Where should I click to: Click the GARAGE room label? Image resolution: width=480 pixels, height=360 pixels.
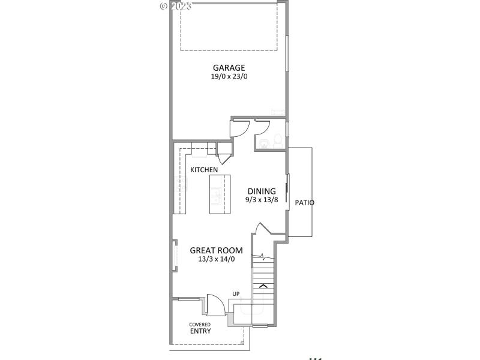tap(228, 68)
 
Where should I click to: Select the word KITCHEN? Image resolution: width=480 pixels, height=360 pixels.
tap(204, 170)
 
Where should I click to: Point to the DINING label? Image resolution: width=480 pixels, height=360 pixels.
tap(262, 191)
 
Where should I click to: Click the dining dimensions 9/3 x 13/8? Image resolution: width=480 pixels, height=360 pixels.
tap(262, 200)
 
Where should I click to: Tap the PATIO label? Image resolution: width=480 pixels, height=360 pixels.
tap(305, 203)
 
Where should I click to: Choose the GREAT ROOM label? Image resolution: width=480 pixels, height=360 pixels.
tap(216, 250)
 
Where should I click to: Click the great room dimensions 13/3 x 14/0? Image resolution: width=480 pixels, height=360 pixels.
tap(216, 259)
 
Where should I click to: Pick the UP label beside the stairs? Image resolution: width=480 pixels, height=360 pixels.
tap(236, 294)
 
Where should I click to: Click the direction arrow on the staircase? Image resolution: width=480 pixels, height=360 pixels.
tap(263, 286)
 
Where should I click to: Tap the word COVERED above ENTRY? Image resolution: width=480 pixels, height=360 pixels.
tap(200, 324)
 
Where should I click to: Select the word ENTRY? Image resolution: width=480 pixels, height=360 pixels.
tap(200, 331)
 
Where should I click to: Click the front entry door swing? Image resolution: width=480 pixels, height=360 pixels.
tap(215, 304)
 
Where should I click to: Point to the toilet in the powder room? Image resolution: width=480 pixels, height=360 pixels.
tap(277, 141)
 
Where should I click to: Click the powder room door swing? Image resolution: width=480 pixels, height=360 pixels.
tap(262, 128)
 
